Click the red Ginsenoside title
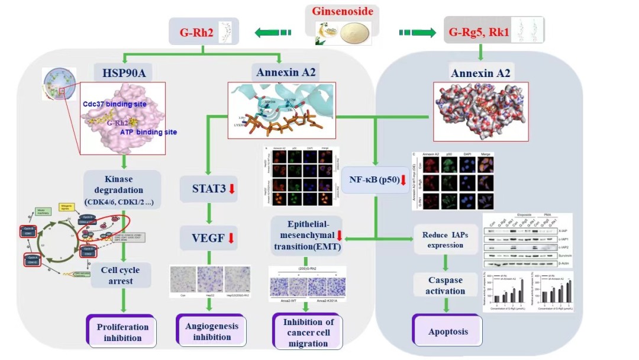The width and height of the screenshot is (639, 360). point(343,11)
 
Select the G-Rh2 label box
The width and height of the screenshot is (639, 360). point(202,32)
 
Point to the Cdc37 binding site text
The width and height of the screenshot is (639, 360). point(115,104)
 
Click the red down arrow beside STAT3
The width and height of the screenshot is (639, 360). point(232,189)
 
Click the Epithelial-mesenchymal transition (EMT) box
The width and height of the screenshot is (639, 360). point(306,235)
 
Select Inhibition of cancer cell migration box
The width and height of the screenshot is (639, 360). point(308,332)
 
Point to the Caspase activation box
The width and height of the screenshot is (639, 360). point(447,285)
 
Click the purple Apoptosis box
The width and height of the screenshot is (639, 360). point(447,332)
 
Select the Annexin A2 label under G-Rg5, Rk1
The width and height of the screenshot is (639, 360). point(480,73)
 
